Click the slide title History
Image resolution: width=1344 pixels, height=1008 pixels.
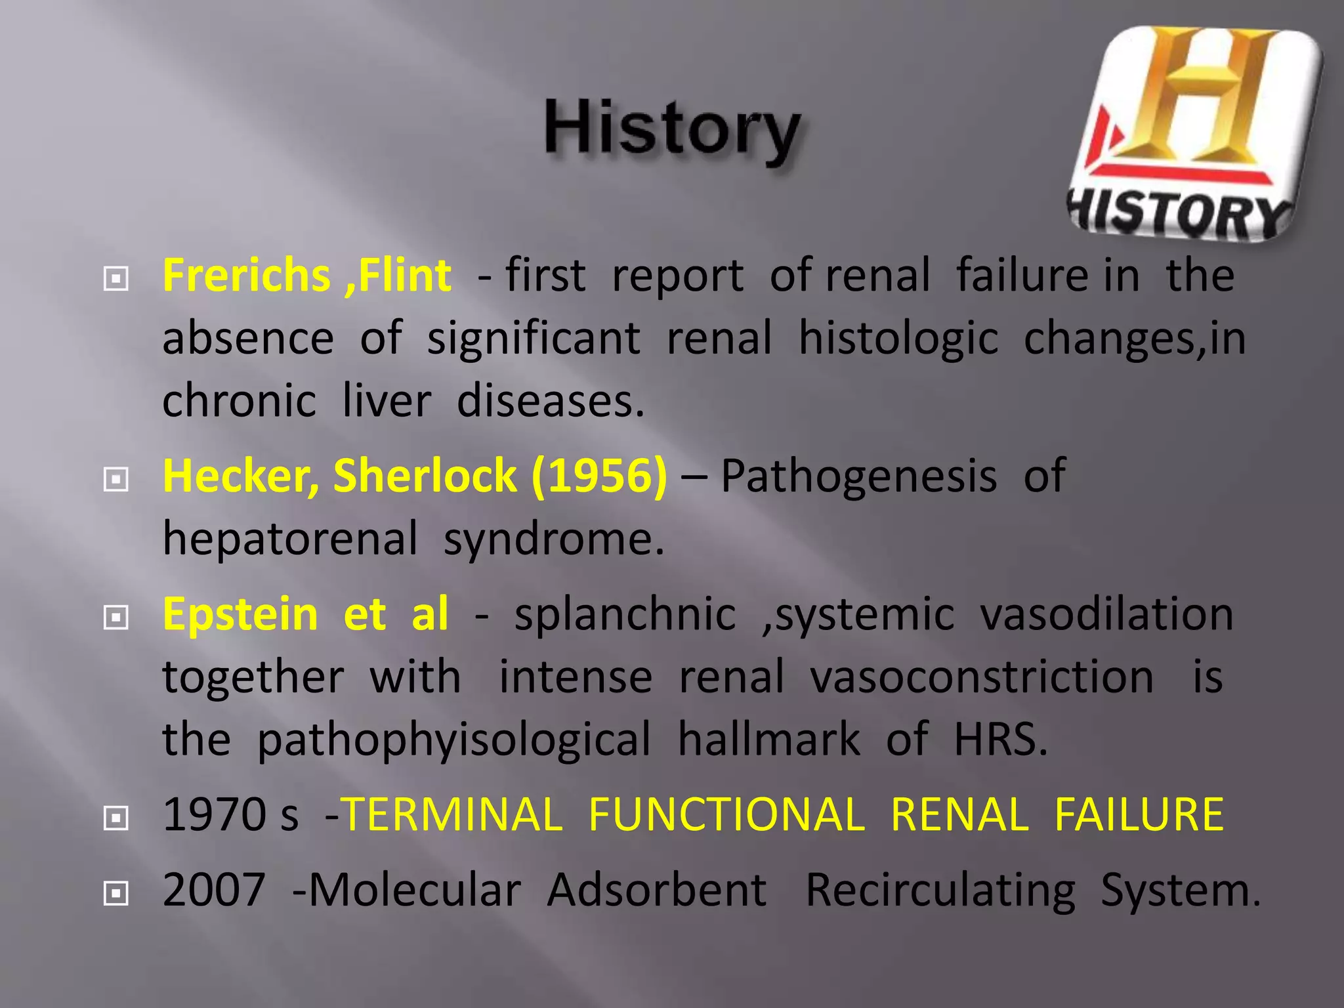tap(672, 130)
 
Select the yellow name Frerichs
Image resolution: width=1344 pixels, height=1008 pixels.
tap(246, 275)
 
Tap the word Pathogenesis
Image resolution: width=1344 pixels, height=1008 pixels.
tap(859, 476)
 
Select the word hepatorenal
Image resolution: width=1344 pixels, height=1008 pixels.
tap(289, 539)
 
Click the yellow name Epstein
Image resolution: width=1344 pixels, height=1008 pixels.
tap(240, 614)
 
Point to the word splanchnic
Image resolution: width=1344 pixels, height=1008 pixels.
tap(625, 616)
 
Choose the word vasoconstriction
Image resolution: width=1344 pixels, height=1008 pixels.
tap(982, 677)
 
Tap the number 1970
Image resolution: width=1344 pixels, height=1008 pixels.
tap(213, 814)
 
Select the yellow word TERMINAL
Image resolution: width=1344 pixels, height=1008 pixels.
tap(453, 814)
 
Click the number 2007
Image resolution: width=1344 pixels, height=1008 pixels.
tap(214, 891)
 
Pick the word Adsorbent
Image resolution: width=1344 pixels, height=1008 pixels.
tap(656, 891)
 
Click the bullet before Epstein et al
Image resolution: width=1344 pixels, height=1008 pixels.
tap(116, 618)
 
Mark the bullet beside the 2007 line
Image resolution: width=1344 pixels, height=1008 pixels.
tap(116, 893)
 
